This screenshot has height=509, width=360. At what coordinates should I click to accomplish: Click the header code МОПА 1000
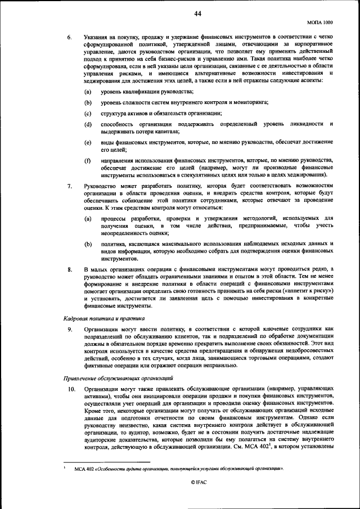coord(319,22)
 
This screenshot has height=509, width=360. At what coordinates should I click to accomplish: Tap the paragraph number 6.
coord(69,38)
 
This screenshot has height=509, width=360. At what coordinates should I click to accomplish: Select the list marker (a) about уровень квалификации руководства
coord(88,92)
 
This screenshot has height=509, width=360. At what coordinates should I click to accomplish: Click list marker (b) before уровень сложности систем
coord(88,102)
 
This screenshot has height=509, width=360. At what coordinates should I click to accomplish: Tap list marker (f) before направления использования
coord(88,161)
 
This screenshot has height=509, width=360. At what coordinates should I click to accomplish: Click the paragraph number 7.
coord(69,186)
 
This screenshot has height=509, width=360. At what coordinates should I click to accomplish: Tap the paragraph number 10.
coord(71,389)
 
